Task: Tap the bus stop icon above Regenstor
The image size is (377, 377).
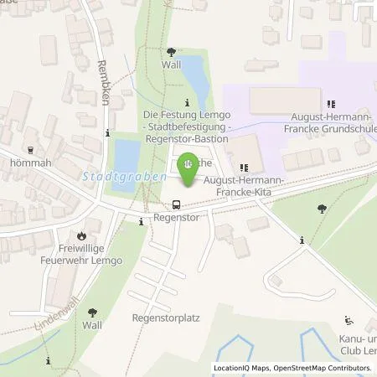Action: click(176, 204)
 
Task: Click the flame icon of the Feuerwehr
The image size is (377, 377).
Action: click(82, 236)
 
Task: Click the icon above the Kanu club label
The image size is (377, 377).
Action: click(349, 320)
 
